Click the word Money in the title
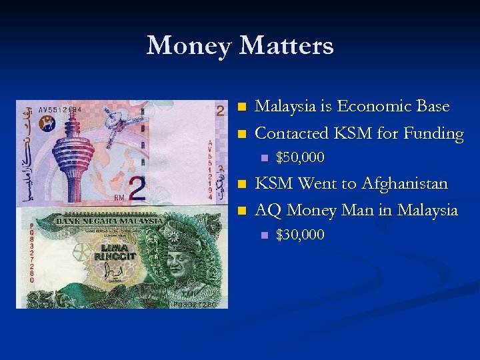189,46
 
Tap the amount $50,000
300,158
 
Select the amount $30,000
300,235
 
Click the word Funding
433,134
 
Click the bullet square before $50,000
264,159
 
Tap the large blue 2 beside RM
137,189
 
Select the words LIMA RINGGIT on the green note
115,252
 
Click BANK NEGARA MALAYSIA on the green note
109,220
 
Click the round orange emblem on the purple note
47,123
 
